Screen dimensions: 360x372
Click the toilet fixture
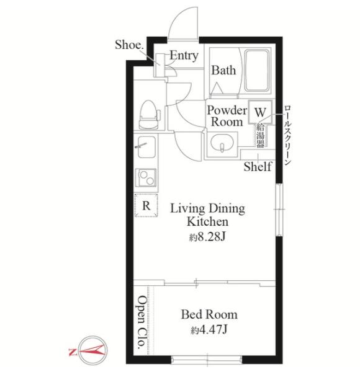pos(149,115)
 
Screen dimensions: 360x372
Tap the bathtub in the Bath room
pos(258,70)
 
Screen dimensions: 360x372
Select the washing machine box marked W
pos(260,112)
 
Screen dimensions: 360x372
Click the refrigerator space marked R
pos(146,205)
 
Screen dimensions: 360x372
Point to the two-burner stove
pos(146,177)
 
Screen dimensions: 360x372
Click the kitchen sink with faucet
pos(146,147)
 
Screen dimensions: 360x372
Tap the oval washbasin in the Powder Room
pos(222,143)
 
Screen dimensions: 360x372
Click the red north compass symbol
pos(89,350)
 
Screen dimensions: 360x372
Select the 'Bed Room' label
pos(209,314)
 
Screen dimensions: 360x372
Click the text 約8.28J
pos(207,237)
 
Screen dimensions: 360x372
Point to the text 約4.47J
pos(209,330)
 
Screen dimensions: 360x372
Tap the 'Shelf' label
pos(258,167)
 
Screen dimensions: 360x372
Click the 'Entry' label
pos(184,56)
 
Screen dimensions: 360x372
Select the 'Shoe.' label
pos(129,45)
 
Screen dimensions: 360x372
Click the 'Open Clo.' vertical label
pos(142,322)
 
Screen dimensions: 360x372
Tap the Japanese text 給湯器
pos(260,136)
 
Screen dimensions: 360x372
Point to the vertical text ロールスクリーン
pos(287,135)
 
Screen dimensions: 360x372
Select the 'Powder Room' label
pos(227,117)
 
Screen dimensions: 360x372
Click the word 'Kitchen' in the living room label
pos(207,221)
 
